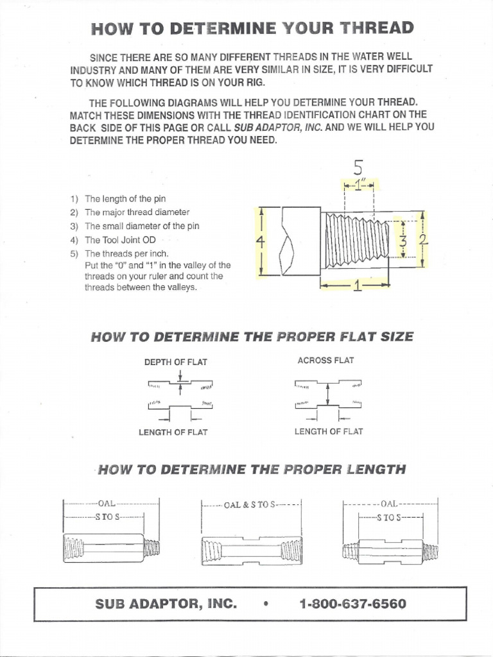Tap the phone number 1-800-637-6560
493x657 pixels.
pyautogui.click(x=352, y=604)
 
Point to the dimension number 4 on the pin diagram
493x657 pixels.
pyautogui.click(x=260, y=242)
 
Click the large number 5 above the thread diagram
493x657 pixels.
pyautogui.click(x=358, y=167)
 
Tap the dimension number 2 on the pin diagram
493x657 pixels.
pyautogui.click(x=423, y=241)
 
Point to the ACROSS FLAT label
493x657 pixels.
pyautogui.click(x=325, y=361)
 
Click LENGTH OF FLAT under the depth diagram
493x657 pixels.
pyautogui.click(x=173, y=432)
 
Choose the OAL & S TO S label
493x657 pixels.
pyautogui.click(x=250, y=504)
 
